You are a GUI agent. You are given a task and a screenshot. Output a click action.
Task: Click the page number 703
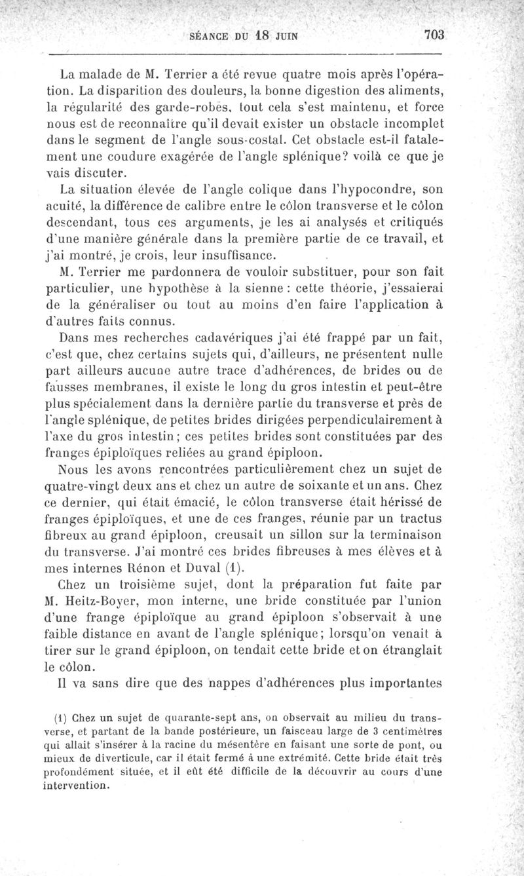pos(435,35)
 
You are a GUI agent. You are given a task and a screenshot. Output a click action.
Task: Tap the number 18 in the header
pos(262,35)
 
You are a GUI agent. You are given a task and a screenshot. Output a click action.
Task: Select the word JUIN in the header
pos(288,36)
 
